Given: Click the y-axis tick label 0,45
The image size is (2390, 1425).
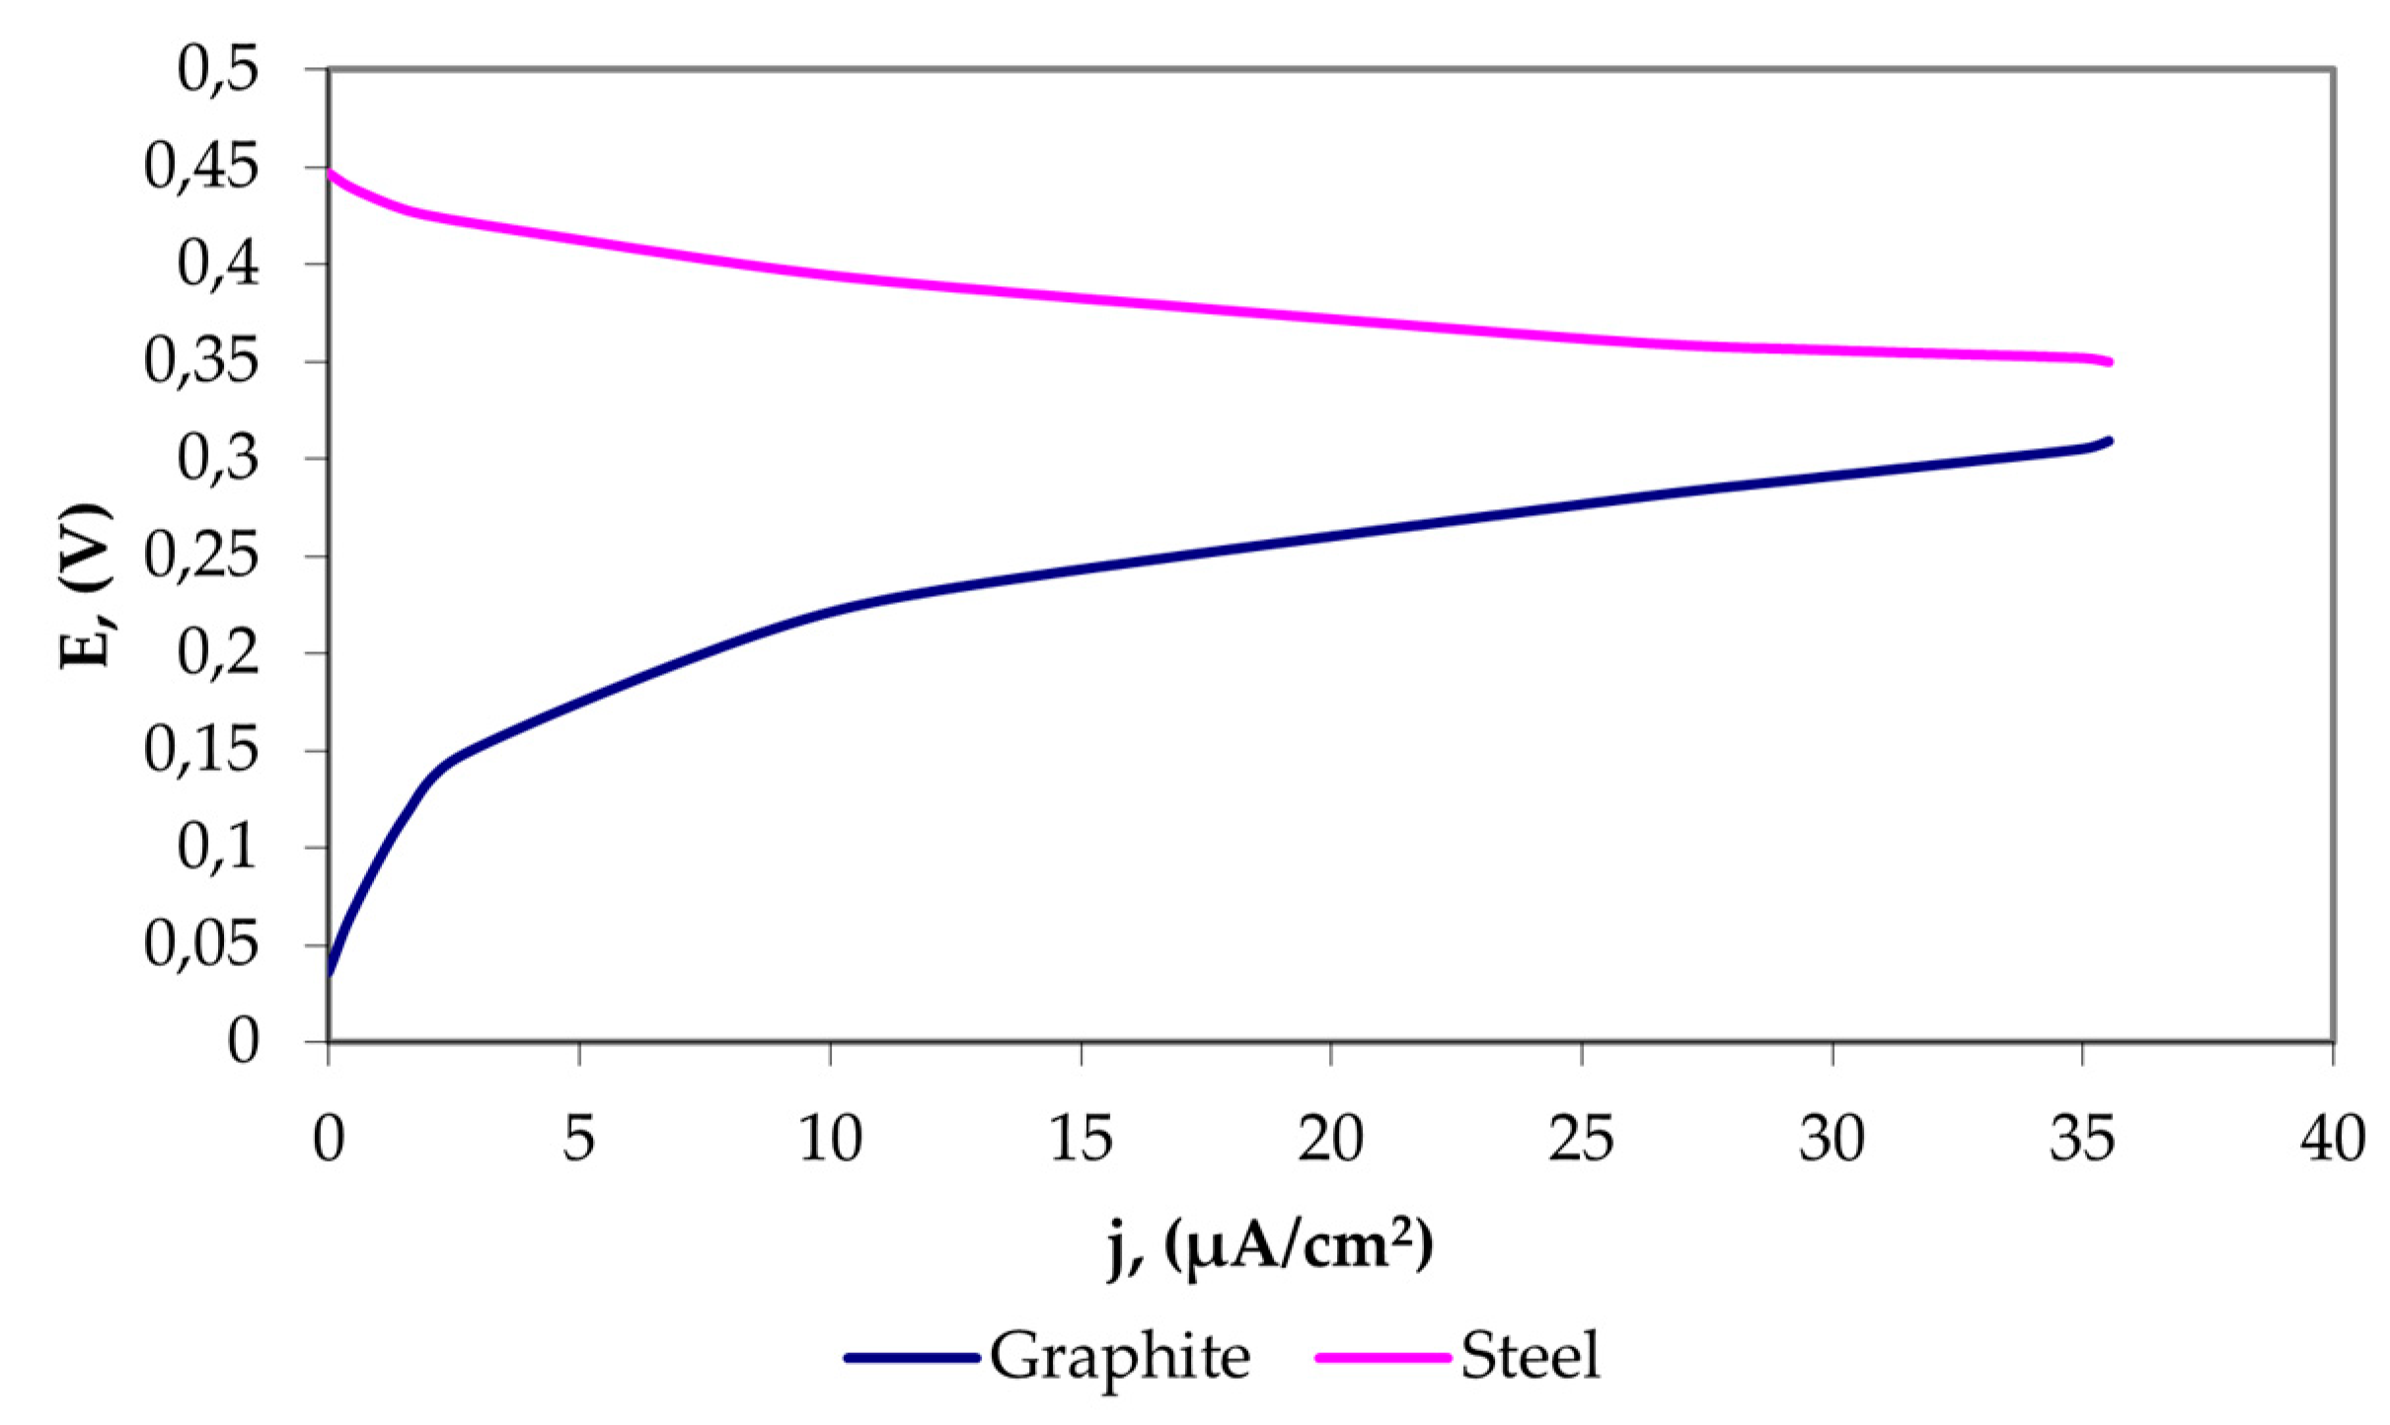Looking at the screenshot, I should tap(201, 166).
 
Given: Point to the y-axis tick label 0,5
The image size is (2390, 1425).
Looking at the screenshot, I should tap(218, 69).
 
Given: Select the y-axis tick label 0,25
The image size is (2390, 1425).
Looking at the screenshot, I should tap(201, 556).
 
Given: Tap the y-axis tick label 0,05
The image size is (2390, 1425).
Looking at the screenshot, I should tap(201, 944).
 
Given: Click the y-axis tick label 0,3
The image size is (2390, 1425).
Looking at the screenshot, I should tap(218, 458).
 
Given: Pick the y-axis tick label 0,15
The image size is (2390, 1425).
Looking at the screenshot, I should tap(201, 750).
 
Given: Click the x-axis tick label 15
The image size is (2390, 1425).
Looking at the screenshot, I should tap(1081, 1139).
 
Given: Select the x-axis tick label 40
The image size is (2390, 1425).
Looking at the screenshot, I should tap(2332, 1139).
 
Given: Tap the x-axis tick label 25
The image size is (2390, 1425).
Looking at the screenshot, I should tap(1581, 1139).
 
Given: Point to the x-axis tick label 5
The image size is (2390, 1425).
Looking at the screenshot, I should tap(579, 1139).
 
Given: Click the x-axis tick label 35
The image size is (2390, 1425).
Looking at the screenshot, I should tap(2081, 1139).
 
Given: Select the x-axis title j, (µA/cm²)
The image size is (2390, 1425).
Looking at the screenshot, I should tap(1269, 1247).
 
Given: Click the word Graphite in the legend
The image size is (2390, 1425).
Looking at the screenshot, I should tap(1119, 1357).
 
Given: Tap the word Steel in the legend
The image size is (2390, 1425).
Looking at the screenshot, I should tap(1530, 1357).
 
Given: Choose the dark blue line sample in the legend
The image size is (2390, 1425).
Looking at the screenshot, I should tap(912, 1358).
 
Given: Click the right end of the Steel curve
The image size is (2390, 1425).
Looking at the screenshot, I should tap(2109, 362).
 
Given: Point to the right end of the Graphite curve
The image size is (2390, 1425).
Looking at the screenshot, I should tap(2109, 440).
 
